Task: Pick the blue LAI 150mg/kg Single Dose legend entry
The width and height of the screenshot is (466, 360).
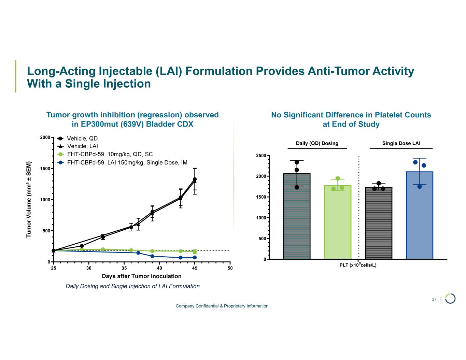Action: coord(123,162)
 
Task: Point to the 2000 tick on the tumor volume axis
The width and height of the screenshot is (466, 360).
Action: coord(45,138)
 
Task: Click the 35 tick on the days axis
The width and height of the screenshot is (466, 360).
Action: coord(124,268)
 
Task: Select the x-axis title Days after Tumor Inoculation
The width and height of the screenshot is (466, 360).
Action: coord(142,276)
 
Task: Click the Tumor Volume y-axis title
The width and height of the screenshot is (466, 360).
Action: coord(29,199)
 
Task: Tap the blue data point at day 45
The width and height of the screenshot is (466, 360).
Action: coord(195,257)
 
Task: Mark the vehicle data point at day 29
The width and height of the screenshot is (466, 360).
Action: coord(82,246)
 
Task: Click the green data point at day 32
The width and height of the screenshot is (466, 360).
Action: coord(103,249)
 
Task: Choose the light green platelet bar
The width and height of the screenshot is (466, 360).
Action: coord(338,222)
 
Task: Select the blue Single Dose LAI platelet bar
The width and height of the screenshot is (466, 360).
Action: coord(420,215)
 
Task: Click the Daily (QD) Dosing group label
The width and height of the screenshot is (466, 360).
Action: coord(317,143)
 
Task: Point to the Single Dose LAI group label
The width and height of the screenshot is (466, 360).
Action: coord(401,143)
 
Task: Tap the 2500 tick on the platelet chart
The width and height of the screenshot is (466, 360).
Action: coord(261,156)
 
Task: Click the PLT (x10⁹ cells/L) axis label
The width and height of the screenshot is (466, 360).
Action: coord(358,265)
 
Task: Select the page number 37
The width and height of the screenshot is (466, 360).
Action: coord(434,299)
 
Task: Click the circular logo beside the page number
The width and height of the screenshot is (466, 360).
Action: coord(450,298)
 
